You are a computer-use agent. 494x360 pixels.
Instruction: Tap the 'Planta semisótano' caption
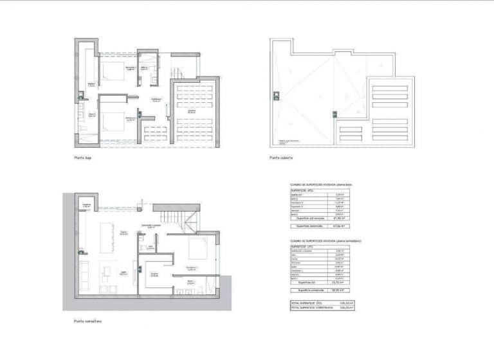coord(87,320)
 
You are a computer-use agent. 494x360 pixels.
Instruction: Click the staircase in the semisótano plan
coord(187,222)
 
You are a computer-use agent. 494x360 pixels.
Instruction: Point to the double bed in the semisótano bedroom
coord(203,252)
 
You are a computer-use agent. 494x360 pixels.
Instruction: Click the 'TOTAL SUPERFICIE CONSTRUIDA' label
coord(312,307)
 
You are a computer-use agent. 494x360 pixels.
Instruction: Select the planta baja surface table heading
coord(322,184)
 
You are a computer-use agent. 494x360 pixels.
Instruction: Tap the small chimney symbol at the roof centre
coord(334,114)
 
